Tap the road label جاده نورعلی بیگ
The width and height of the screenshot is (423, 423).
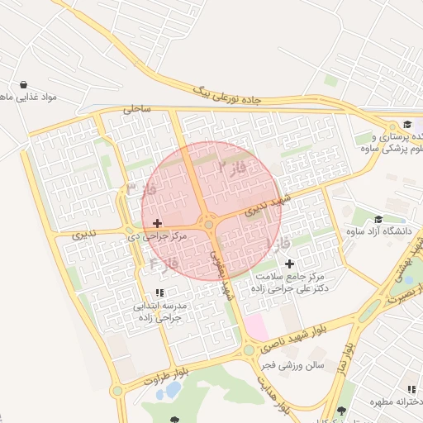pos(227,93)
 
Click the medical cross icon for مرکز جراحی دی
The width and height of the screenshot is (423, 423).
pos(157,223)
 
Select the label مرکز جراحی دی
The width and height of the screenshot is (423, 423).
pos(157,236)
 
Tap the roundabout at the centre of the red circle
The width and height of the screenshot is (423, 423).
pos(210,223)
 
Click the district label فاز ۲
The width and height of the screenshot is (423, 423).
pos(233,168)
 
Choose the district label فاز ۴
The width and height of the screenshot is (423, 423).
pos(164,263)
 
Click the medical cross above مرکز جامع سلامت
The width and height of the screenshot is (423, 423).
pos(288,263)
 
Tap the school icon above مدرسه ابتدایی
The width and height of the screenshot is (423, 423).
pos(159,293)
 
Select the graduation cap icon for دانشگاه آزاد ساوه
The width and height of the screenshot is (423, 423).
pos(378,220)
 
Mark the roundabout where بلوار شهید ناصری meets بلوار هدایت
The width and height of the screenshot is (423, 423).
pos(249,350)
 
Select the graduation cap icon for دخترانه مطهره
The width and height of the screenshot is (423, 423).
pos(341,410)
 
